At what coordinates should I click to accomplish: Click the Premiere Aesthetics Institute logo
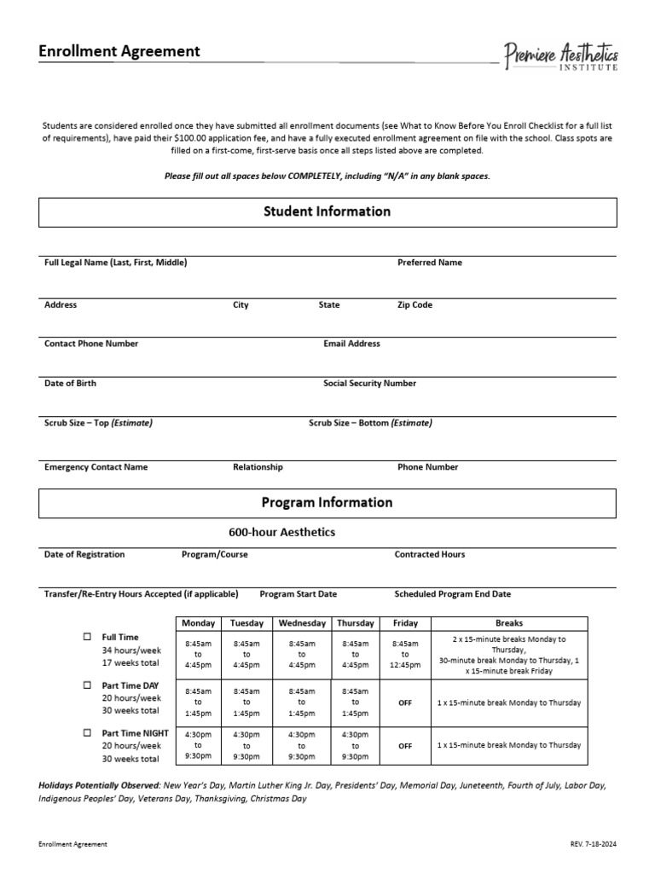(560, 56)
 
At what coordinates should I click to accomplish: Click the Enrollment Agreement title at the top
(119, 51)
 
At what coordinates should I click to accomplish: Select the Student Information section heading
(327, 211)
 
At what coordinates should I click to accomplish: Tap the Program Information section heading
(327, 502)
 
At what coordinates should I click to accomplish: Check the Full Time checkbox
(87, 637)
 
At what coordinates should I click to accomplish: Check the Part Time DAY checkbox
(87, 685)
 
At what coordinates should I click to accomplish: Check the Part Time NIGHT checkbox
(87, 732)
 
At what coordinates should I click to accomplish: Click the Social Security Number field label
(369, 384)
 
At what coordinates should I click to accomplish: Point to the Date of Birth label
(70, 384)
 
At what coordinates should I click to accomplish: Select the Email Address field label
(351, 344)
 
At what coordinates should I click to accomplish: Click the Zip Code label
(414, 304)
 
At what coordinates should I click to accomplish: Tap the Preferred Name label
(430, 263)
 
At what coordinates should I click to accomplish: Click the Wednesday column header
(302, 623)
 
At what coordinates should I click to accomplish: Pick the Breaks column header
(509, 623)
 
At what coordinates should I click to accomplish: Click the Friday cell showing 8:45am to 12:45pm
(405, 654)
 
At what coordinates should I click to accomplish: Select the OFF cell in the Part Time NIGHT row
(405, 746)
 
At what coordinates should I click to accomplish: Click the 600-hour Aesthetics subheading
(281, 532)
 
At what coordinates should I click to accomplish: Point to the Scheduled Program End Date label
(452, 594)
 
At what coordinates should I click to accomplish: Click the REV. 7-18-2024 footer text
(593, 844)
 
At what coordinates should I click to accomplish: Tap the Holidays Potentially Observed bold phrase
(99, 785)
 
